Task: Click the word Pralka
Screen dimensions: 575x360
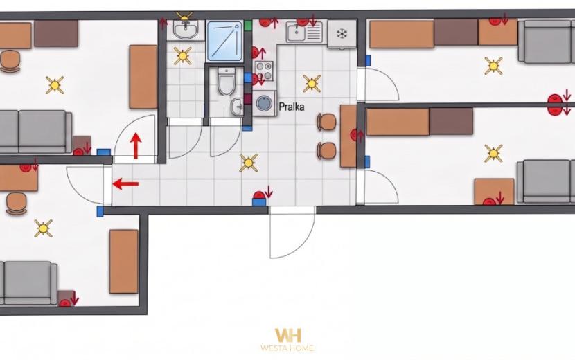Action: (x=292, y=107)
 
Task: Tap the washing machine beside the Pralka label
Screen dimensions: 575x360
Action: (x=264, y=103)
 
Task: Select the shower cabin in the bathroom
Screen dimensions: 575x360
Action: (x=224, y=41)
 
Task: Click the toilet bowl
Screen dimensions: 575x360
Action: (x=226, y=80)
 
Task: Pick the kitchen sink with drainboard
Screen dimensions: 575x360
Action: (x=304, y=32)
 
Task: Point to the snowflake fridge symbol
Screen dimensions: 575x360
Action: (x=342, y=34)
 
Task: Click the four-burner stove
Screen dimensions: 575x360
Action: (x=264, y=71)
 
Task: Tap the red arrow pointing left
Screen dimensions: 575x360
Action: (x=125, y=183)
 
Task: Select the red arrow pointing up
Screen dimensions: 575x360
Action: (x=136, y=145)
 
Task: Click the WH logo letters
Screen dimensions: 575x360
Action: (x=288, y=335)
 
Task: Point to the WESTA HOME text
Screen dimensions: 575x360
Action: (x=287, y=348)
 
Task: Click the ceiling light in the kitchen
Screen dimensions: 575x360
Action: (x=312, y=84)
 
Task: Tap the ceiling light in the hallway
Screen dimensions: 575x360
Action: (x=249, y=163)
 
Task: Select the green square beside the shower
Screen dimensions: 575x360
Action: (x=248, y=26)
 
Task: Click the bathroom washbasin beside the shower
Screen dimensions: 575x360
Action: (x=186, y=29)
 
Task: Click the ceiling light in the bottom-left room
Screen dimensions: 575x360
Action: (x=43, y=228)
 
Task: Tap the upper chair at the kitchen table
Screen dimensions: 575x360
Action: (x=327, y=122)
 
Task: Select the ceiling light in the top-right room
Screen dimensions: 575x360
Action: (x=493, y=66)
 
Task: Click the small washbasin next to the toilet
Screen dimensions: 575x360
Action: (x=236, y=107)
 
